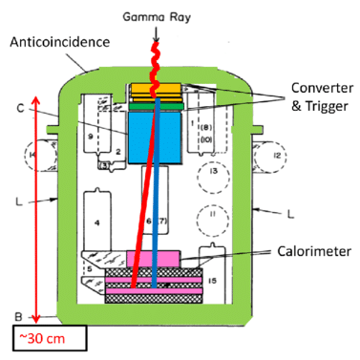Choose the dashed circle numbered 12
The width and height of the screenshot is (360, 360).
point(278,156)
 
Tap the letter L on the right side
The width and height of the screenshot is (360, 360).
point(286,202)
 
